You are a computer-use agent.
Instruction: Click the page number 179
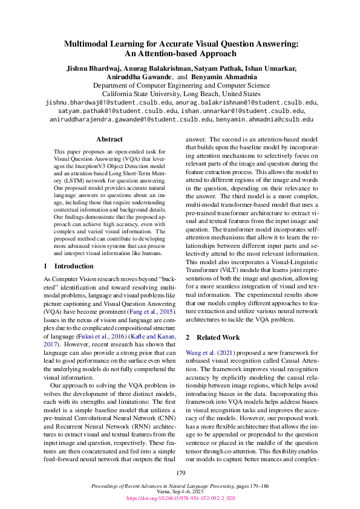tap(180, 473)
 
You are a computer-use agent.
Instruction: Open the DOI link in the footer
tap(180, 499)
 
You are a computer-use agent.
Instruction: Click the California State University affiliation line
tap(180, 94)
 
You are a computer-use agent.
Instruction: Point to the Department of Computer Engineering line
tap(180, 86)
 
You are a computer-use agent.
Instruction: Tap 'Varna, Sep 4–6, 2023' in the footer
tap(180, 493)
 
